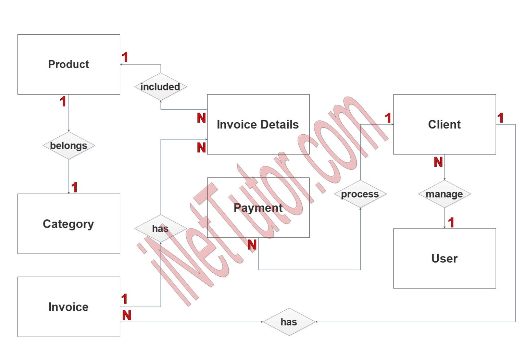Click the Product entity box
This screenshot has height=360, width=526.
point(68,64)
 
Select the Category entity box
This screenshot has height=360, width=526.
point(68,224)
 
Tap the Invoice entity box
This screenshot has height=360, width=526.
point(68,307)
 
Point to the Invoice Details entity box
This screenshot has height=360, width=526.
point(258,124)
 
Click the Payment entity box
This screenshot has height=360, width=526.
point(258,208)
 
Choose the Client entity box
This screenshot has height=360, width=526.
point(444,124)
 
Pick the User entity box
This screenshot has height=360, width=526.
point(444,258)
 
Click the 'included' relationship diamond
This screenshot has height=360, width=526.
point(160,87)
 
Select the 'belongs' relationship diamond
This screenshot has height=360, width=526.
point(68,146)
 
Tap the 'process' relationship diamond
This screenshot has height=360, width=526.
point(360,194)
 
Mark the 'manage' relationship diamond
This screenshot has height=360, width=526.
point(444,194)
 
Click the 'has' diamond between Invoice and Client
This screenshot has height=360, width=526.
point(289,322)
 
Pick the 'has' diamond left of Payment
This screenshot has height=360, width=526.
point(160,228)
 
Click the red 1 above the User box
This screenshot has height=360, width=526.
point(451,222)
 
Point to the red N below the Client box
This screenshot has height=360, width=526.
point(438,162)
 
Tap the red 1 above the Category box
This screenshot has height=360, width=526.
point(75,187)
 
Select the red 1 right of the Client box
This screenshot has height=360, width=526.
point(501,118)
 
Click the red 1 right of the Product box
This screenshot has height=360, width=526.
point(125,57)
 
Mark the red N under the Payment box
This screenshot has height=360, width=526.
point(252,245)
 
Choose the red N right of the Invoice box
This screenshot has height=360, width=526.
point(127,315)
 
